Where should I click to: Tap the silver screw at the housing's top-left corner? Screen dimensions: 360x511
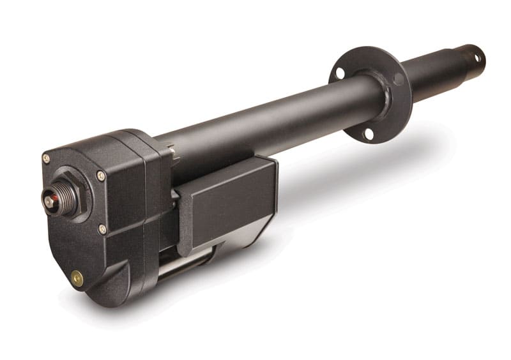[46, 158]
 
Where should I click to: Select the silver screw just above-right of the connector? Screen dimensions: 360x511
[100, 176]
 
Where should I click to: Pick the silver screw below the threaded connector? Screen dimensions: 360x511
[102, 229]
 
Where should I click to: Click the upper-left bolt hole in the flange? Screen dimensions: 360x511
[340, 73]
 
